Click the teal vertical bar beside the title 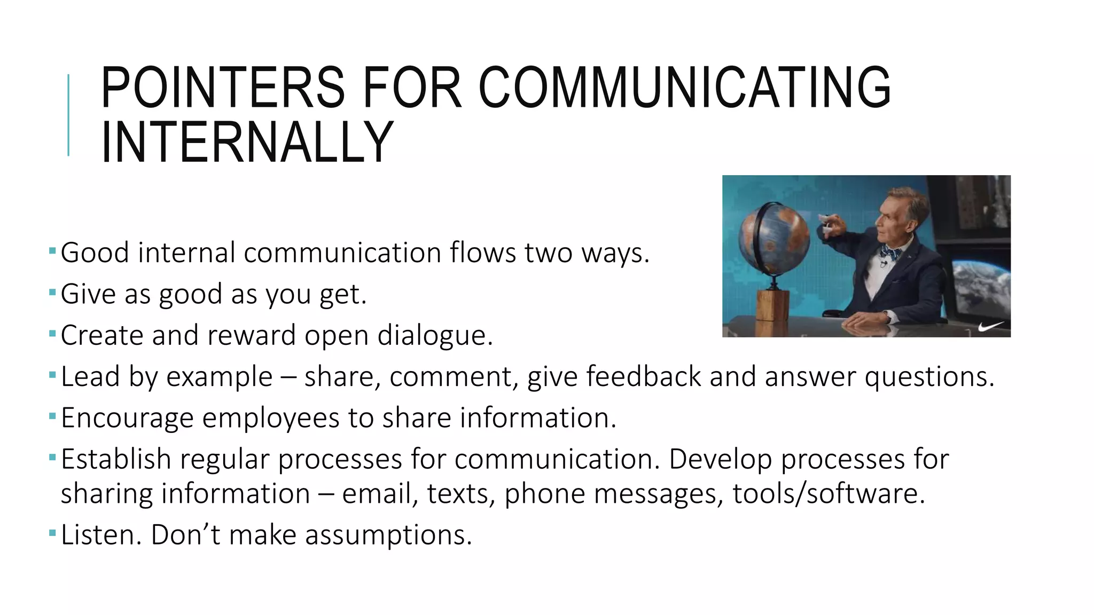(68, 115)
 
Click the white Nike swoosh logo (991, 326)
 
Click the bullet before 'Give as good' (52, 292)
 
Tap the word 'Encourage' (127, 418)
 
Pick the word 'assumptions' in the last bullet (385, 535)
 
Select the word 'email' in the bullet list (376, 493)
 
